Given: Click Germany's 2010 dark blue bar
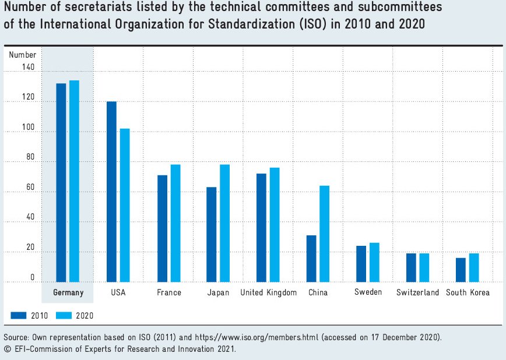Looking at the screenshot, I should [x=61, y=182].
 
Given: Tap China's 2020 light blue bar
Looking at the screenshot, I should [x=324, y=234].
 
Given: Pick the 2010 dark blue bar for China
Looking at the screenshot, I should [x=311, y=259].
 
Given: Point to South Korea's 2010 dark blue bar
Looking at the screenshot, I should [x=461, y=270].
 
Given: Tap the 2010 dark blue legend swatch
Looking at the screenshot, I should [x=19, y=315].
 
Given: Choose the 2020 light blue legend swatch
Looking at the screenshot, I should [x=64, y=315].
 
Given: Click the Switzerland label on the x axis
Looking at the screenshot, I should [x=417, y=292].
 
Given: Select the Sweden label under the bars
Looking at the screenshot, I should [x=368, y=292].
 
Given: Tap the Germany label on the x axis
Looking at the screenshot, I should [x=68, y=292].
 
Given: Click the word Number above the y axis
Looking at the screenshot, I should [x=23, y=55].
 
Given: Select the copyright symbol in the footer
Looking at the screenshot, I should [x=6, y=349].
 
